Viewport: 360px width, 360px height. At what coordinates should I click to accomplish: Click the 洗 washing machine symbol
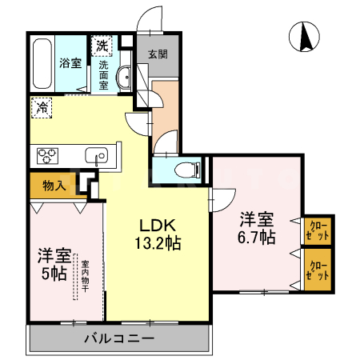click(x=102, y=45)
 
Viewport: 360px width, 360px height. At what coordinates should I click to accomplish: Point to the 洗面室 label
click(x=103, y=76)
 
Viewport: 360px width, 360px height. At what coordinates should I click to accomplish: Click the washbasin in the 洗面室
click(x=124, y=77)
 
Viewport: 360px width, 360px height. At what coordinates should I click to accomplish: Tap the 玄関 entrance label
click(x=157, y=55)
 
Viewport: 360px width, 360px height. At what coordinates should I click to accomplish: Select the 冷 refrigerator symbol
click(x=41, y=105)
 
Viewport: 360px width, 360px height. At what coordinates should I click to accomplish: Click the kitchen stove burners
click(x=44, y=154)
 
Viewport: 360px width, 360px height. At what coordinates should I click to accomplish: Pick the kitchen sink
click(x=97, y=155)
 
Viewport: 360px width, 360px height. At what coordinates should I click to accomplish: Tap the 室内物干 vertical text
click(x=83, y=276)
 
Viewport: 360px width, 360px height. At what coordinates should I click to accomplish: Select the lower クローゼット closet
click(x=318, y=270)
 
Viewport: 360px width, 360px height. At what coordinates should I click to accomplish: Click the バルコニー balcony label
click(x=119, y=339)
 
